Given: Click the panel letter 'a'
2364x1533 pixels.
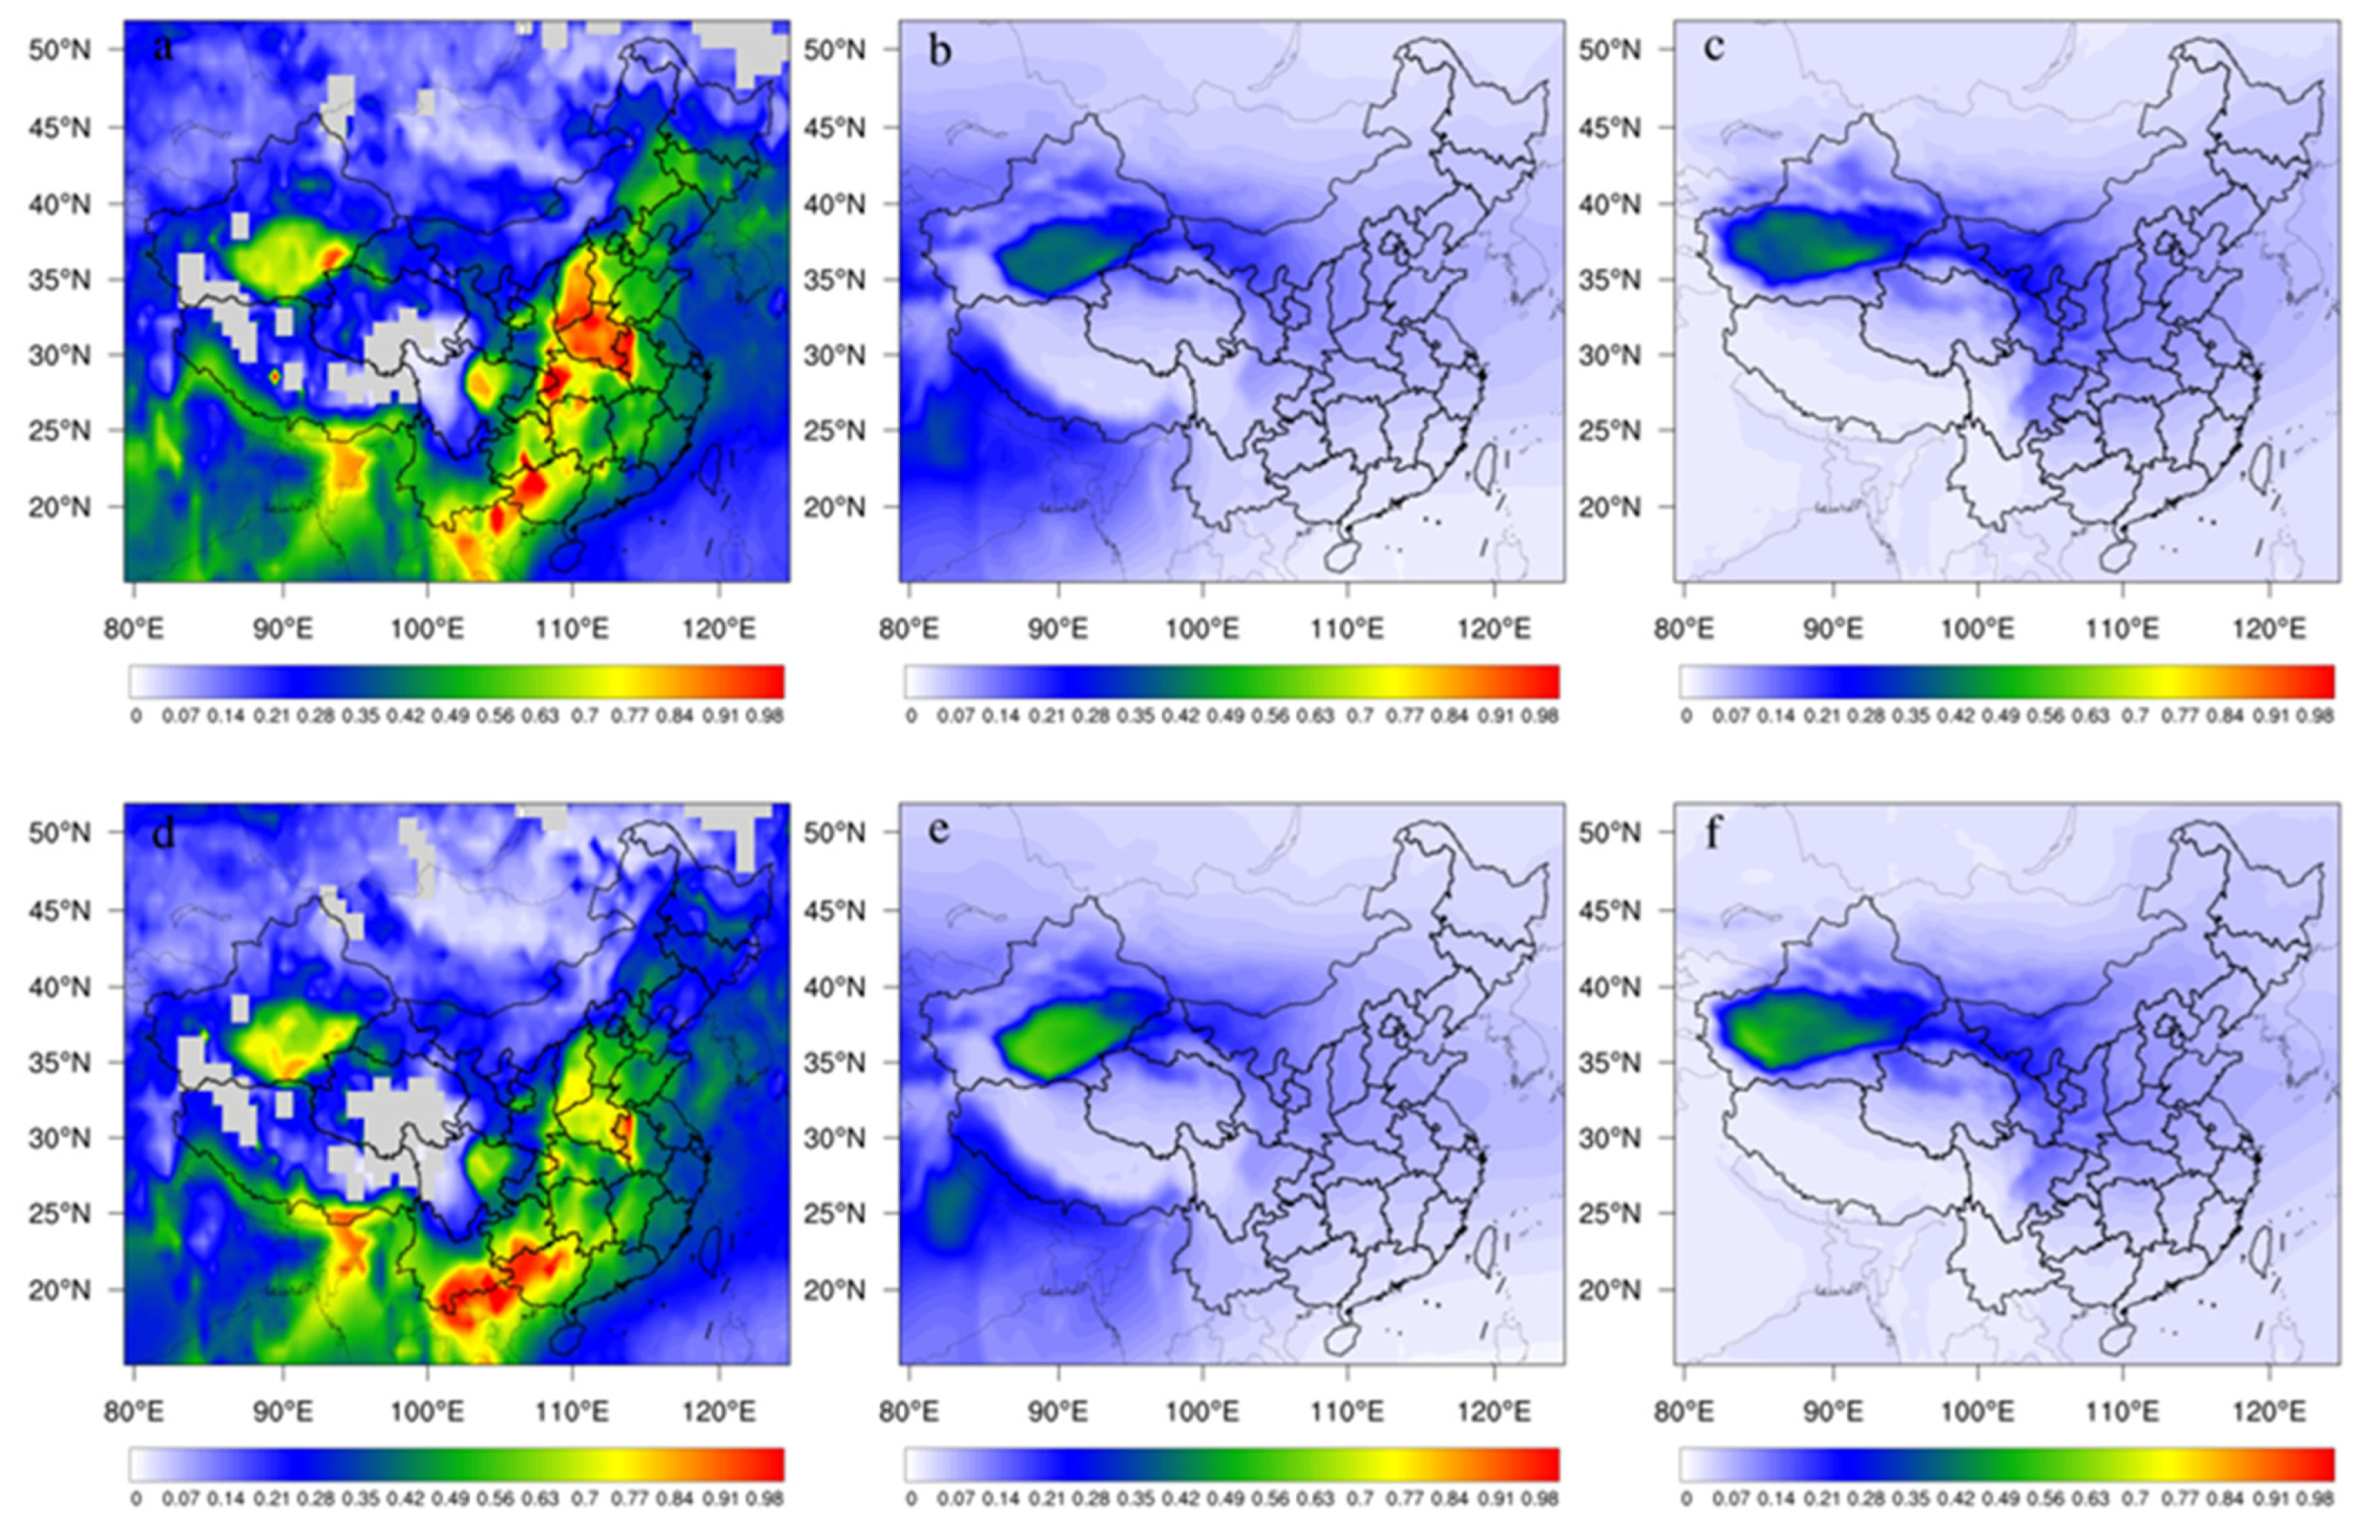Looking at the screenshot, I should click(163, 47).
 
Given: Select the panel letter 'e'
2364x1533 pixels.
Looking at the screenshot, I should click(938, 830).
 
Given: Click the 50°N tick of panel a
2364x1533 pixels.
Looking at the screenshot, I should click(59, 50).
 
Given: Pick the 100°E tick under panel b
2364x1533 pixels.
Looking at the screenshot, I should click(1203, 629).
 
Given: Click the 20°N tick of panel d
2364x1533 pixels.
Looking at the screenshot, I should click(59, 1290).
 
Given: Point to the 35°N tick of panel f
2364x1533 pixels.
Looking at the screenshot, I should click(1609, 1063).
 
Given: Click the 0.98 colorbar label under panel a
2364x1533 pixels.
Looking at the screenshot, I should click(766, 716).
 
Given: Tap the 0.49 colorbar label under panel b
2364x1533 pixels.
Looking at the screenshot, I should click(1225, 716).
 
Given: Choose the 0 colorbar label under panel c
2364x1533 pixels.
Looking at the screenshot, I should click(1686, 716).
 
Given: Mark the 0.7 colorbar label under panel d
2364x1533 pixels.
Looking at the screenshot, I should click(586, 1499).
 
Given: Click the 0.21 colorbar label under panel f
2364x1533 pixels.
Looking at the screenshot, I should click(1820, 1499).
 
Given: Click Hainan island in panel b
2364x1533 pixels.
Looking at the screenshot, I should click(1340, 557).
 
